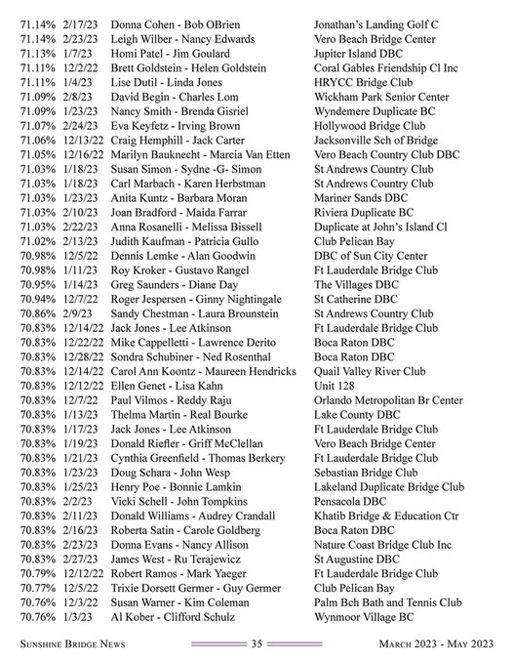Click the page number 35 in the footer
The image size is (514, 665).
point(257,644)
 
